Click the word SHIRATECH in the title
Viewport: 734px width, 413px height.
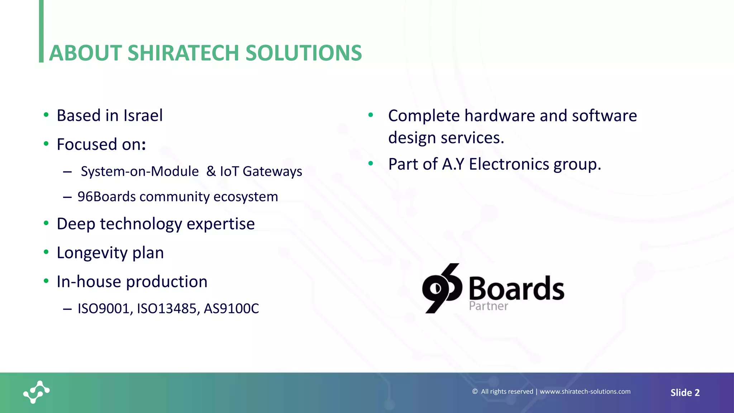183,53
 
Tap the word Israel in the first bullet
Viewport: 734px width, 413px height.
143,116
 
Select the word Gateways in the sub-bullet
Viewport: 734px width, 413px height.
272,172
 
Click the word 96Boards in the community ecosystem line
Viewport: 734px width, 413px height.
106,197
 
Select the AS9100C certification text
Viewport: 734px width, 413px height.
231,309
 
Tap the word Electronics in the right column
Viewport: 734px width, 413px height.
509,165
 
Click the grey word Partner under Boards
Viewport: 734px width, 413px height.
488,306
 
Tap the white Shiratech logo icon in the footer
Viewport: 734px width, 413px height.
37,392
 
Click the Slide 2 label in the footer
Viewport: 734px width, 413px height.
685,393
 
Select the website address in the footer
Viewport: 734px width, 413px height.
585,391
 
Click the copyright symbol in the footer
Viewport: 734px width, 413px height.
475,391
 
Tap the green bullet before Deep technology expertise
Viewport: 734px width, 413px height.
46,223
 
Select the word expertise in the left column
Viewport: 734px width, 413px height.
220,224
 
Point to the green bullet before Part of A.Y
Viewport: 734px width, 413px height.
371,163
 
